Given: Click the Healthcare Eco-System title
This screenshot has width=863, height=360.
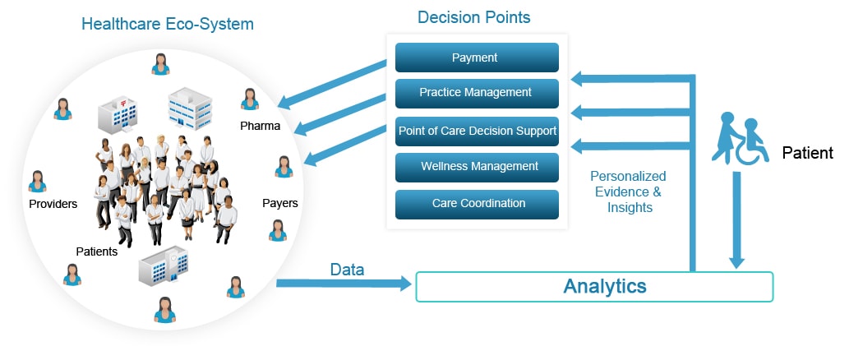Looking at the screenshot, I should [167, 23].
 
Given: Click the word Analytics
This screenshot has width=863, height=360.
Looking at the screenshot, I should [604, 287].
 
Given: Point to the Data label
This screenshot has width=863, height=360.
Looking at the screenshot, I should [348, 270].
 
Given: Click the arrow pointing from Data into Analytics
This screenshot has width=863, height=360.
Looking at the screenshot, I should [345, 284].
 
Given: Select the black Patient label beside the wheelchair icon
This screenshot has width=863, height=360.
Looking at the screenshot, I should [807, 153].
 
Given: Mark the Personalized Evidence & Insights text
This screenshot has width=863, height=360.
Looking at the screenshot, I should [628, 192].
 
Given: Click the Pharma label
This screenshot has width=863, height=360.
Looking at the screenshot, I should [261, 127].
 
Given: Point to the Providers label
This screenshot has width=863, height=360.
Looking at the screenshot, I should [53, 204].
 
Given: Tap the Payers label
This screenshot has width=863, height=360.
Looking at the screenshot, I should [279, 203].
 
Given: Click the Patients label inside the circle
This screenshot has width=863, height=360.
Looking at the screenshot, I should [96, 252].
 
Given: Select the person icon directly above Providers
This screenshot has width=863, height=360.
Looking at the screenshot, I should [37, 181].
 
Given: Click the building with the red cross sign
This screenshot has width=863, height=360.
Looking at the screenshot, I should [116, 114].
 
